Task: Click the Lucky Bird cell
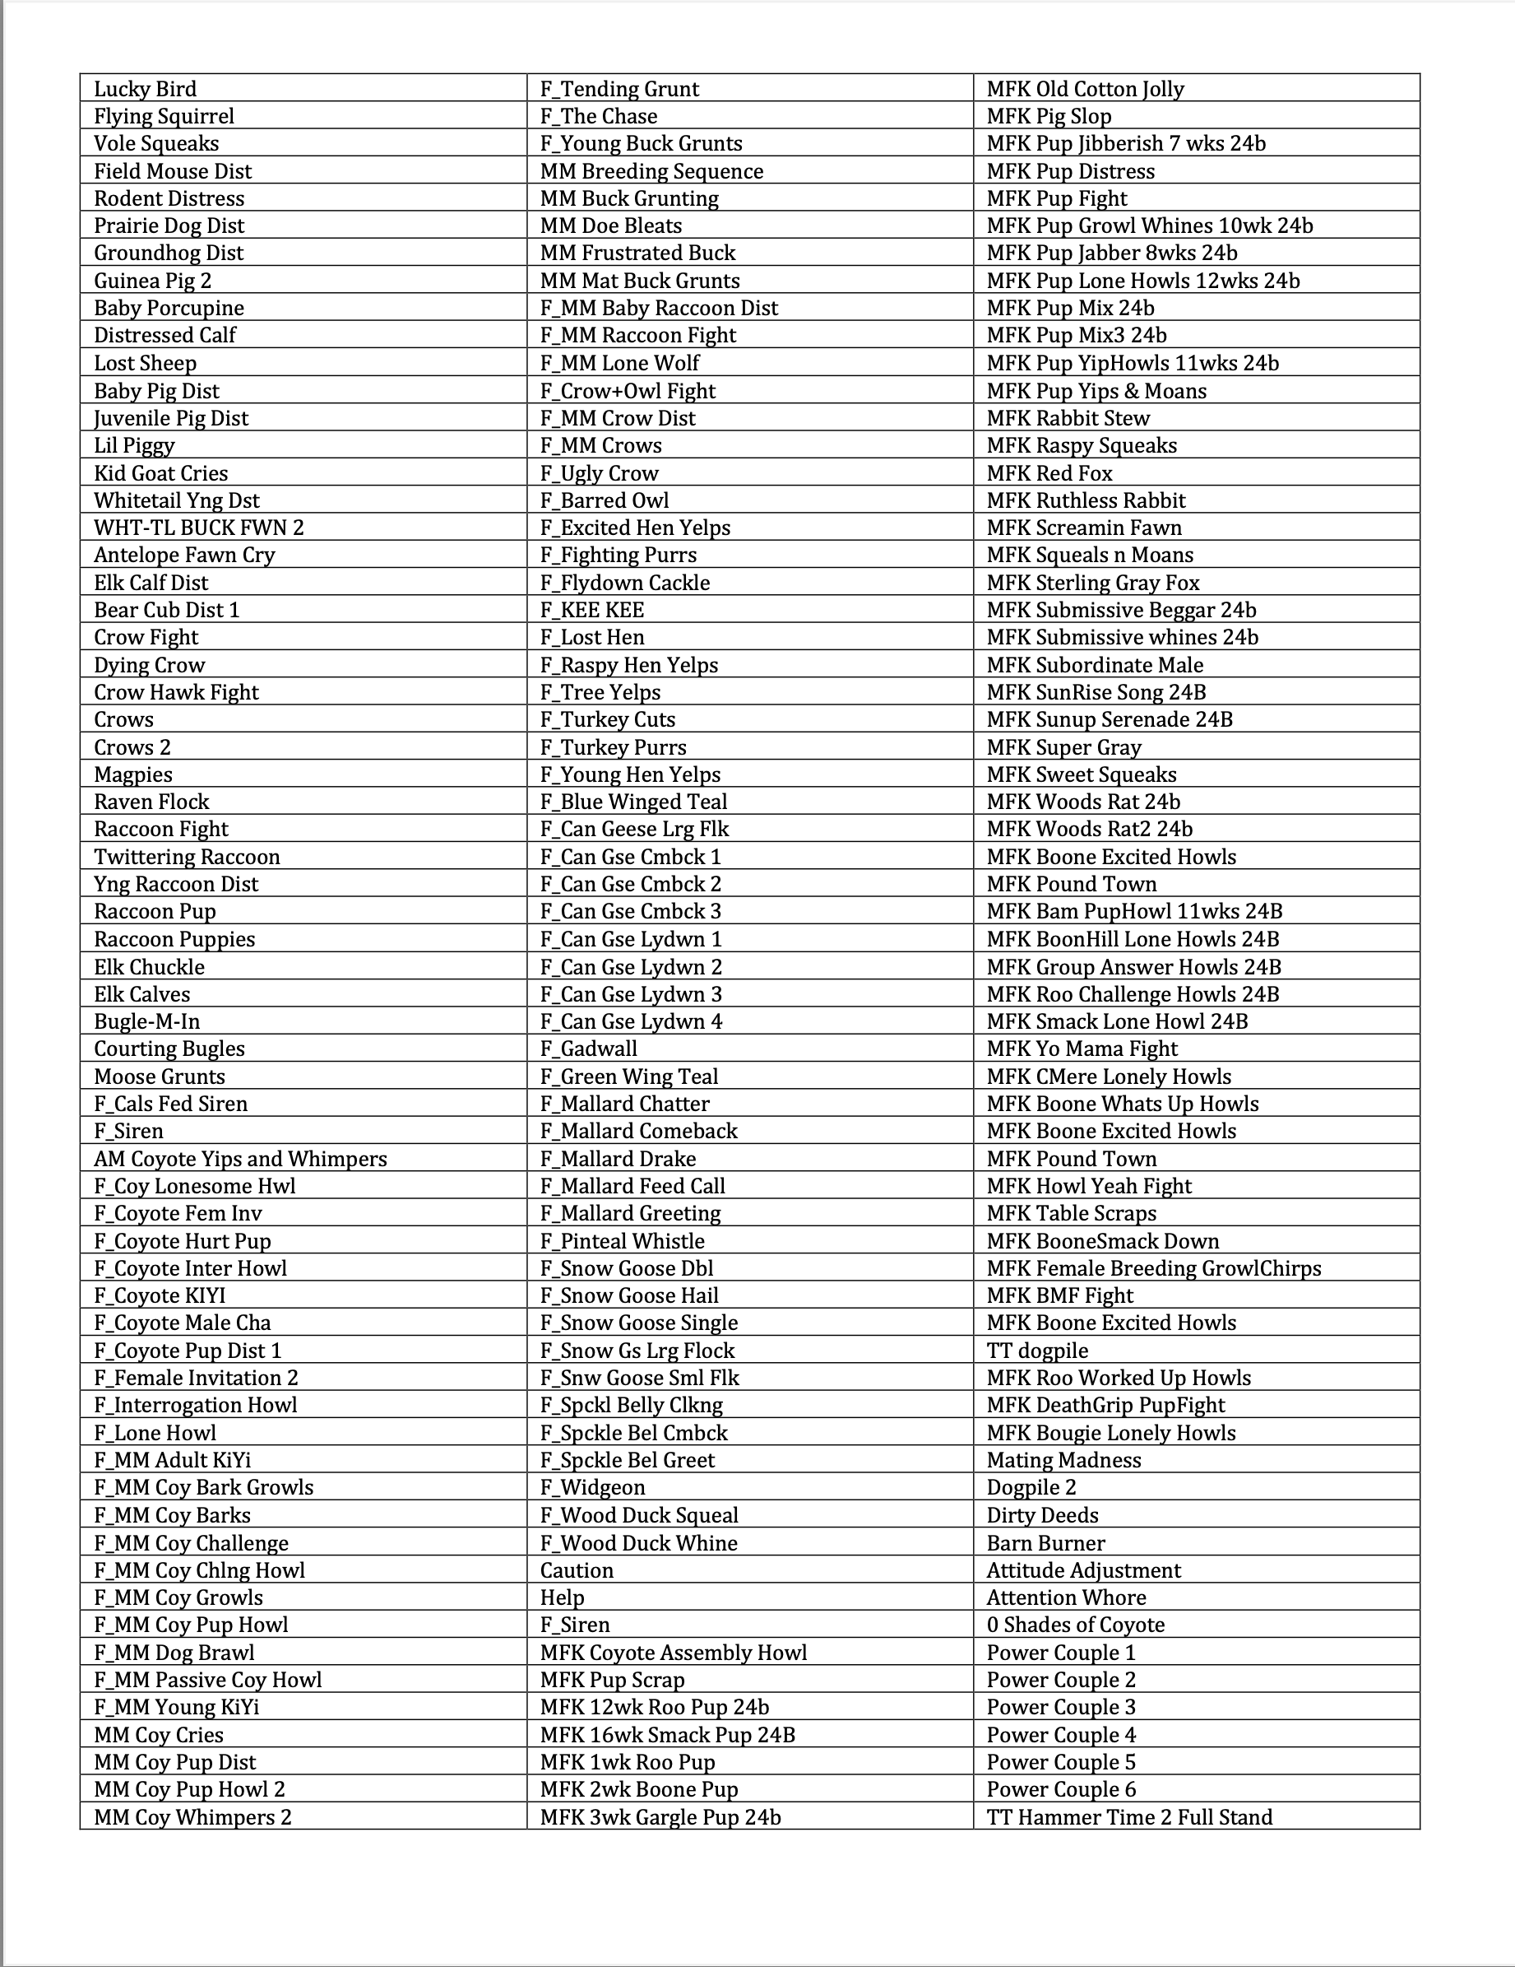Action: pos(146,89)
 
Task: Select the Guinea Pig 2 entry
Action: pos(153,281)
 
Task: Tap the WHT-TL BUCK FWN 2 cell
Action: pos(199,528)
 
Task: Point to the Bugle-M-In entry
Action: pos(146,1021)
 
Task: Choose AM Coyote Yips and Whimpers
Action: pos(240,1159)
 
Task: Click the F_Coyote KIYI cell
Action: pos(160,1296)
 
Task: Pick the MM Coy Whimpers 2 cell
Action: pos(192,1817)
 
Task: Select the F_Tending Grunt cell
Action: pos(619,89)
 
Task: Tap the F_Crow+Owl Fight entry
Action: pos(628,391)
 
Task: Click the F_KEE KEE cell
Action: pos(592,611)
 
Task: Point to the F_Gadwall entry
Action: pos(589,1049)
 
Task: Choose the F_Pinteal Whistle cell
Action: pos(622,1241)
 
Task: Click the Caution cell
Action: pos(577,1570)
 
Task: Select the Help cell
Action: pos(563,1597)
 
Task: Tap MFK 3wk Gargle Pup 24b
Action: pos(660,1817)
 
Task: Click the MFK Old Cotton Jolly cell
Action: pos(1085,89)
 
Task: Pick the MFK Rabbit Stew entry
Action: pos(1068,419)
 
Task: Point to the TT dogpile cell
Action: pos(1037,1351)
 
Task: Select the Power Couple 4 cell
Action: pos(1061,1736)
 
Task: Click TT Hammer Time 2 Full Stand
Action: pos(1128,1817)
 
